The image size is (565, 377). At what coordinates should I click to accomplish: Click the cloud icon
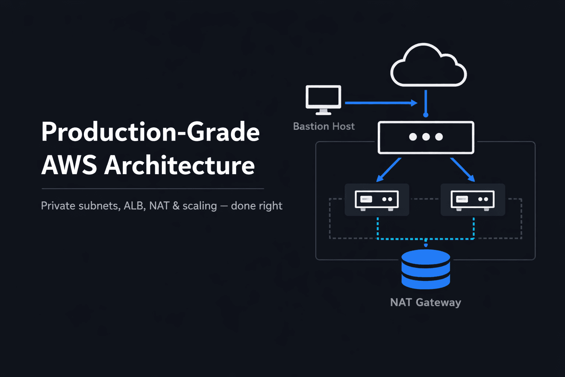(x=429, y=66)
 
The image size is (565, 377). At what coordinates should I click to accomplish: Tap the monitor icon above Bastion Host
(x=323, y=98)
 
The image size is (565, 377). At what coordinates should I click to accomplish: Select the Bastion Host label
(x=324, y=126)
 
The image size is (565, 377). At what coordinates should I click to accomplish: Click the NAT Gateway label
(x=425, y=302)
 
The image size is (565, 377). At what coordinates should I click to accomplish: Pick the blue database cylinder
(x=426, y=269)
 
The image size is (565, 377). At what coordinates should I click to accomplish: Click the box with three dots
(x=426, y=137)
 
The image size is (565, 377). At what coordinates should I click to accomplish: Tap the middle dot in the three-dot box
(x=426, y=137)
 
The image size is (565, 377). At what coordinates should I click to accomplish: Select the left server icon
(x=377, y=200)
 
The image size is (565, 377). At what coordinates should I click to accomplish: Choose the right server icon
(x=473, y=200)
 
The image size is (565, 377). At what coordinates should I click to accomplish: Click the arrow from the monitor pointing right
(x=381, y=103)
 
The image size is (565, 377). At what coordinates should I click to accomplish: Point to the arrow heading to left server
(x=388, y=170)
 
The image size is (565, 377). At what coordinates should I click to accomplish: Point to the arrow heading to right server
(x=462, y=170)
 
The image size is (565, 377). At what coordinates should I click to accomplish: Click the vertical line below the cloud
(x=426, y=103)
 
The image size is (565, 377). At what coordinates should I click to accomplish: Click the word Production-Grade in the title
(x=150, y=132)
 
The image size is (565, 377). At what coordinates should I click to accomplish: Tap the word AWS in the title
(x=69, y=165)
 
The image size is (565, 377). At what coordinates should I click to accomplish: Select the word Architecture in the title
(x=180, y=165)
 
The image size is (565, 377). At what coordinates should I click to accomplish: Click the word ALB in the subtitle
(x=134, y=205)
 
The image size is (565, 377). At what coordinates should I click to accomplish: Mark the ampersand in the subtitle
(x=176, y=205)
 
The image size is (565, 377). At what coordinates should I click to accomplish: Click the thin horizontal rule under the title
(x=153, y=188)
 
